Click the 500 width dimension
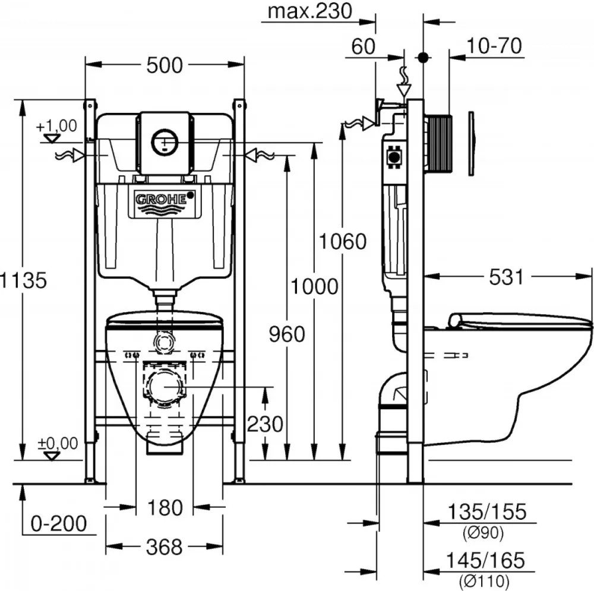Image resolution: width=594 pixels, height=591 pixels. pos(165,65)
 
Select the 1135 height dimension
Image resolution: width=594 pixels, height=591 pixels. pos(24,281)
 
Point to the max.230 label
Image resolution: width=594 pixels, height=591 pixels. pos(310,11)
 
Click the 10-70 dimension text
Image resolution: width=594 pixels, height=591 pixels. pos(494,46)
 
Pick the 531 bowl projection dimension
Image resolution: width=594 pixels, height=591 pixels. pos(506,277)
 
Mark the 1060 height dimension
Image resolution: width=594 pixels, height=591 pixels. pos(343,241)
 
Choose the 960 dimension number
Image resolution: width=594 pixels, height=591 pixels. pos(287,334)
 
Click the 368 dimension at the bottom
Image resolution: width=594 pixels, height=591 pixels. pos(165,547)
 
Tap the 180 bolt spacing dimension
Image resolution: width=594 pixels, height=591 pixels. pos(165,507)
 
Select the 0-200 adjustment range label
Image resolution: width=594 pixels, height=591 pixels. pos(59,524)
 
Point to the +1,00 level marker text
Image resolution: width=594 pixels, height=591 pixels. pos(56,126)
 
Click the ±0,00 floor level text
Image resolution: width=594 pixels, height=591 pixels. pos(58,443)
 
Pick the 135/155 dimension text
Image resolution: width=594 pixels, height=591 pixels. pos(487,512)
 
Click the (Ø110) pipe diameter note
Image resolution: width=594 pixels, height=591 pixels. pos(484,581)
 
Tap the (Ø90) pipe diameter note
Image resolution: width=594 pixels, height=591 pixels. pos(483,533)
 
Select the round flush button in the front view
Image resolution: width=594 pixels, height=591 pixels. pos(165,142)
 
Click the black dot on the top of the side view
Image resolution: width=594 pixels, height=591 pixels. pos(423,58)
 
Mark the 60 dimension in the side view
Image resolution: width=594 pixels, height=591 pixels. pos(364,46)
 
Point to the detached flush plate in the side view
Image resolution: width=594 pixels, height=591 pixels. pos(471,144)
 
